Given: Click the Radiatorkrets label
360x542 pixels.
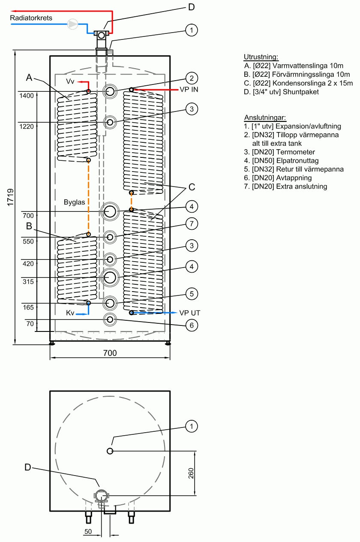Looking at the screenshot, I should [31, 18].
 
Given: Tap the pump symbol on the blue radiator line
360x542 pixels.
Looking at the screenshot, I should [73, 25].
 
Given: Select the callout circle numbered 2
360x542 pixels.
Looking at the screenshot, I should [192, 78].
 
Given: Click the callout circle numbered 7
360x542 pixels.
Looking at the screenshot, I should [192, 223].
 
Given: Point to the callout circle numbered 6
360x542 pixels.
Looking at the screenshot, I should [192, 325].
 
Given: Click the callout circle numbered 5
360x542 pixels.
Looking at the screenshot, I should [192, 294].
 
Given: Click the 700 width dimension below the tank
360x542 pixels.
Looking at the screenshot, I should [110, 353].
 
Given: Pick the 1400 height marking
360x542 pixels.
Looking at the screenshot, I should [26, 96].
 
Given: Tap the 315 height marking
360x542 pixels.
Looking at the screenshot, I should [28, 282].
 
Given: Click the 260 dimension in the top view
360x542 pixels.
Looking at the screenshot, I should [191, 473].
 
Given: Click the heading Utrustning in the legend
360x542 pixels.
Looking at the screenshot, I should [261, 57].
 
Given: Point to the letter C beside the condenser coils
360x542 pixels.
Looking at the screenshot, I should [192, 187].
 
